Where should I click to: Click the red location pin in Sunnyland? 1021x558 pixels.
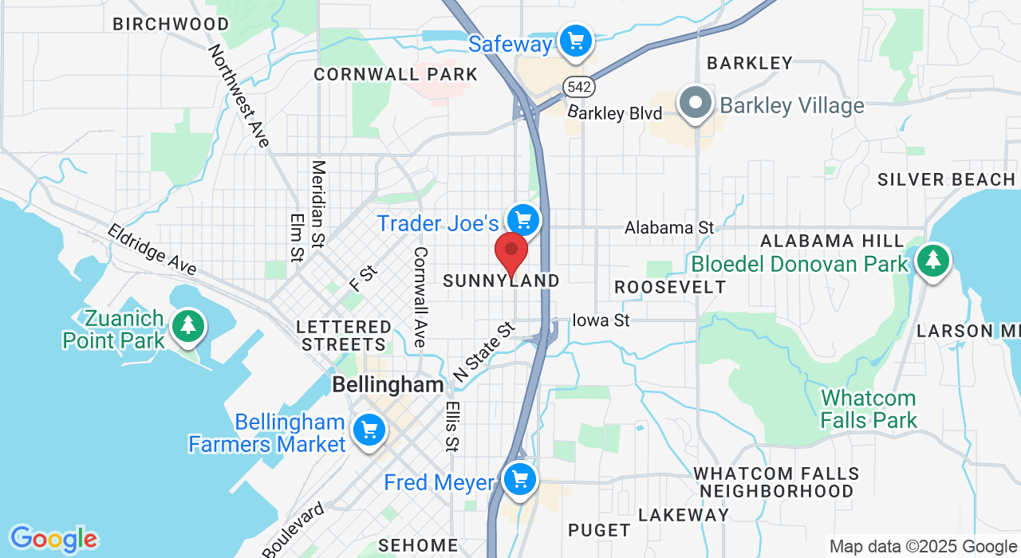(x=511, y=252)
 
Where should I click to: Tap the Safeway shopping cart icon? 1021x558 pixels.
(x=575, y=40)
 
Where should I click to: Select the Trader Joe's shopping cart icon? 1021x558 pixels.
(x=523, y=219)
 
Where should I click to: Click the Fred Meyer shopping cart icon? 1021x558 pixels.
(x=520, y=480)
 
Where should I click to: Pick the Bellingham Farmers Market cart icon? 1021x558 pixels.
(x=369, y=431)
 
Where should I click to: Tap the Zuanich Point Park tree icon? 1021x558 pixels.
(x=188, y=325)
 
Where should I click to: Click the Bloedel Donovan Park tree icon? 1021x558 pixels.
(x=932, y=260)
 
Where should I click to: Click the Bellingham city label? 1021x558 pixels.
(x=388, y=384)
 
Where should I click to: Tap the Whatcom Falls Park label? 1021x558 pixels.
(x=869, y=408)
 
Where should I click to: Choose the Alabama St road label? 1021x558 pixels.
(x=668, y=228)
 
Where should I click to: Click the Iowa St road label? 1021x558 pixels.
(x=601, y=320)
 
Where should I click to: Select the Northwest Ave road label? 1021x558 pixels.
(x=238, y=96)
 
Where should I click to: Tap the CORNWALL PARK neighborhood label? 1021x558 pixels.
(x=396, y=75)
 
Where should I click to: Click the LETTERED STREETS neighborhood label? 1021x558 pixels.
(x=344, y=336)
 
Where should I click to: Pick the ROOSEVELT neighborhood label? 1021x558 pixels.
(x=670, y=287)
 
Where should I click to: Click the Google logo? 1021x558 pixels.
(x=53, y=540)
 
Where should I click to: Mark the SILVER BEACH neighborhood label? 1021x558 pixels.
(x=946, y=179)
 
